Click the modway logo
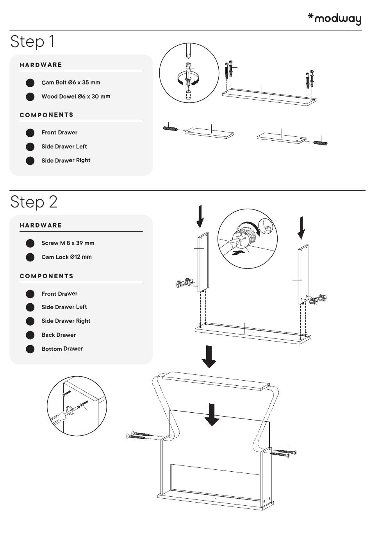(x=334, y=19)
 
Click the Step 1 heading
(x=32, y=41)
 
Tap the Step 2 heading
(x=34, y=202)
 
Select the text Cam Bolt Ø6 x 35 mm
(x=71, y=82)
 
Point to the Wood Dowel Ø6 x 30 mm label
(x=76, y=97)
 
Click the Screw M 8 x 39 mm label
(x=68, y=243)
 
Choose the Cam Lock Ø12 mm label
(x=66, y=257)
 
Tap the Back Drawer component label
(x=59, y=335)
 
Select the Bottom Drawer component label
(x=62, y=349)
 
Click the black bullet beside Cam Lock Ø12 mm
(x=30, y=257)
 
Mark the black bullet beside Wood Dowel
(x=30, y=97)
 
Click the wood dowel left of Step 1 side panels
(x=170, y=128)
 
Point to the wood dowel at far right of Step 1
(x=320, y=143)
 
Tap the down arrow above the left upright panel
(x=200, y=217)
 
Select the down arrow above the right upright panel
(x=301, y=228)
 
